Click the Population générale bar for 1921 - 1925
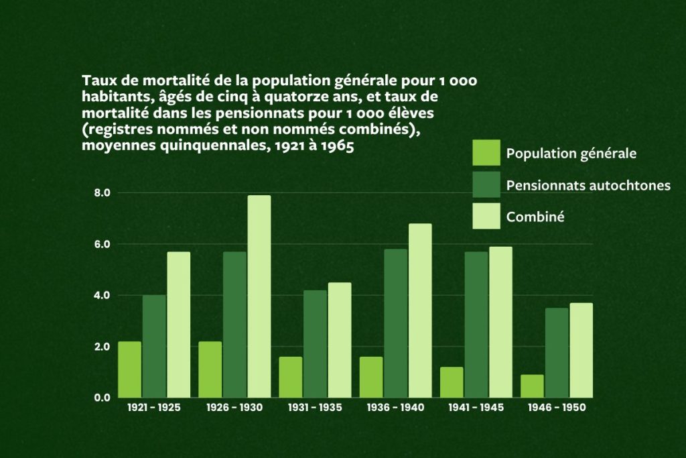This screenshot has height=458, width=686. pyautogui.click(x=130, y=369)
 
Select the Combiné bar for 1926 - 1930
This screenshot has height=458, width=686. pyautogui.click(x=259, y=296)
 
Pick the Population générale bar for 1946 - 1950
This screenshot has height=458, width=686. pyautogui.click(x=533, y=386)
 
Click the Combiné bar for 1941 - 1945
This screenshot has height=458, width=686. pyautogui.click(x=500, y=322)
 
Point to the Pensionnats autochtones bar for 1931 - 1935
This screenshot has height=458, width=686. pyautogui.click(x=316, y=344)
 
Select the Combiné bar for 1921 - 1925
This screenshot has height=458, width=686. pyautogui.click(x=179, y=325)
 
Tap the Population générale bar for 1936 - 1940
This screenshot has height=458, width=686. pyautogui.click(x=371, y=378)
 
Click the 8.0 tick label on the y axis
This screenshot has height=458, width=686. pyautogui.click(x=102, y=193)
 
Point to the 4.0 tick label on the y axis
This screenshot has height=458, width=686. pyautogui.click(x=102, y=296)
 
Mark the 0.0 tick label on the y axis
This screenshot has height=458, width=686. pyautogui.click(x=102, y=398)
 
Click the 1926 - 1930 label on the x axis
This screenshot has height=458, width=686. pyautogui.click(x=235, y=408)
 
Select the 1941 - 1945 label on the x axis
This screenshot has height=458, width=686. pyautogui.click(x=476, y=408)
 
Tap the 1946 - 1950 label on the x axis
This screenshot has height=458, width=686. pyautogui.click(x=557, y=408)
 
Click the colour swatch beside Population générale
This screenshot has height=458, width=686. pyautogui.click(x=486, y=153)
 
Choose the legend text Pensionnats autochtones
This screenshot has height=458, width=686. pyautogui.click(x=588, y=185)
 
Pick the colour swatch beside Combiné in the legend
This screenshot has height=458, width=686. pyautogui.click(x=486, y=216)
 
